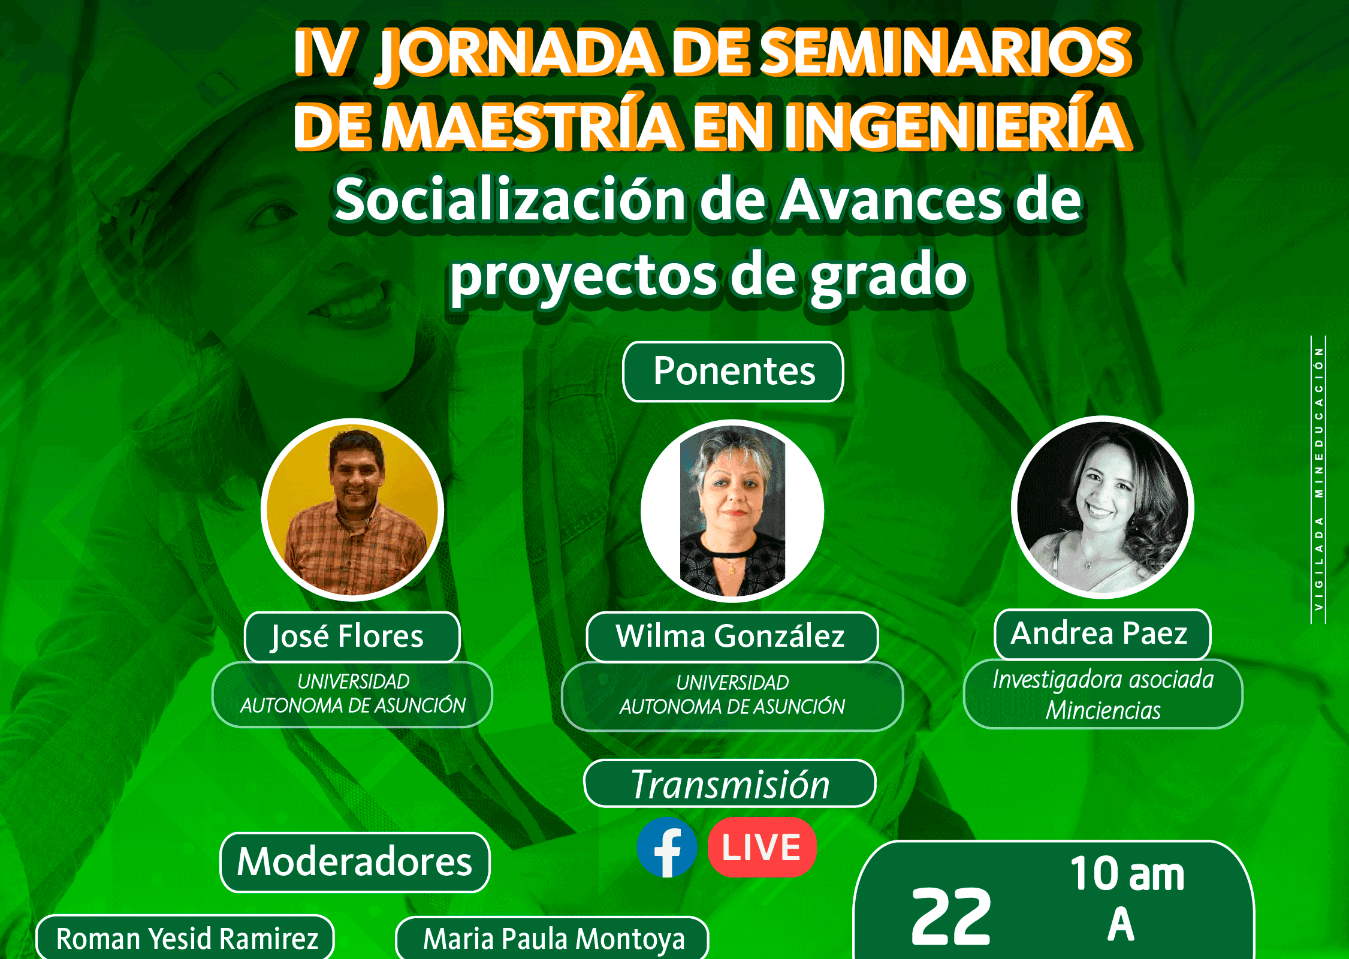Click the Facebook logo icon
click(666, 847)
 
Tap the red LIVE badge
click(762, 847)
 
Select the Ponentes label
click(734, 372)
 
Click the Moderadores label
click(355, 863)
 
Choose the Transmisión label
click(730, 784)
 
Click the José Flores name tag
click(352, 637)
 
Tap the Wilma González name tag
click(732, 637)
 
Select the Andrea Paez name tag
click(1102, 634)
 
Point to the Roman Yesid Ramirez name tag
click(186, 938)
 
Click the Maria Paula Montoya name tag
click(553, 939)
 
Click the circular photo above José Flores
click(352, 509)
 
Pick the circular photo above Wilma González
click(732, 511)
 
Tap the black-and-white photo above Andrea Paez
click(1103, 507)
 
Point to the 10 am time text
click(1127, 874)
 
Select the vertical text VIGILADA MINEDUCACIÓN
click(1318, 479)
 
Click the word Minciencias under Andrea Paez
click(1103, 711)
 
